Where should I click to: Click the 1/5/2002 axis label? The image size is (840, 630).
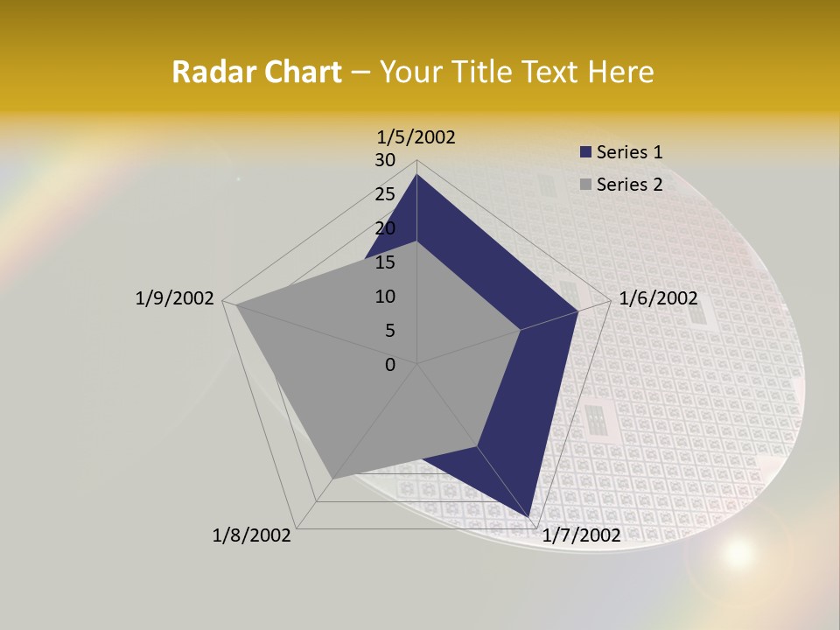(x=416, y=136)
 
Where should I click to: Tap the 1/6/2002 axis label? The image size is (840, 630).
(x=658, y=298)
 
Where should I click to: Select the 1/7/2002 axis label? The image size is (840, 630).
(x=581, y=535)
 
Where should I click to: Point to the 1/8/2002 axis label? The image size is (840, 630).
(x=252, y=535)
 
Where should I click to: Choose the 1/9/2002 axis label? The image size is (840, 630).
(x=175, y=298)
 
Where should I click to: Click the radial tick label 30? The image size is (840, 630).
(x=385, y=160)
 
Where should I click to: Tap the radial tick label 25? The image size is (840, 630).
(x=385, y=194)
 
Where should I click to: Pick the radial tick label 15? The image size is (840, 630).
(x=385, y=262)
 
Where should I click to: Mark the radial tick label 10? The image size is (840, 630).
(x=385, y=297)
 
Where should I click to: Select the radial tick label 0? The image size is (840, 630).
(x=390, y=365)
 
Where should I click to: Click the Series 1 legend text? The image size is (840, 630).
(x=630, y=152)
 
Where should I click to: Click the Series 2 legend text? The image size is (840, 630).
(x=630, y=184)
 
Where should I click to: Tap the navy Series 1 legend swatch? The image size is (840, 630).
(x=585, y=152)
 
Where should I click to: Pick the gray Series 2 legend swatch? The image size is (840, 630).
(x=585, y=184)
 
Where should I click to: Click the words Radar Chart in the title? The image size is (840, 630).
(x=256, y=72)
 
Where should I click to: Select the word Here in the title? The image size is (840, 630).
(x=621, y=72)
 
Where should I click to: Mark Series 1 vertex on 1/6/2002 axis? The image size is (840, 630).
(x=577, y=311)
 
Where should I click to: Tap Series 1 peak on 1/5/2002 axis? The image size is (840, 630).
(x=416, y=175)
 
